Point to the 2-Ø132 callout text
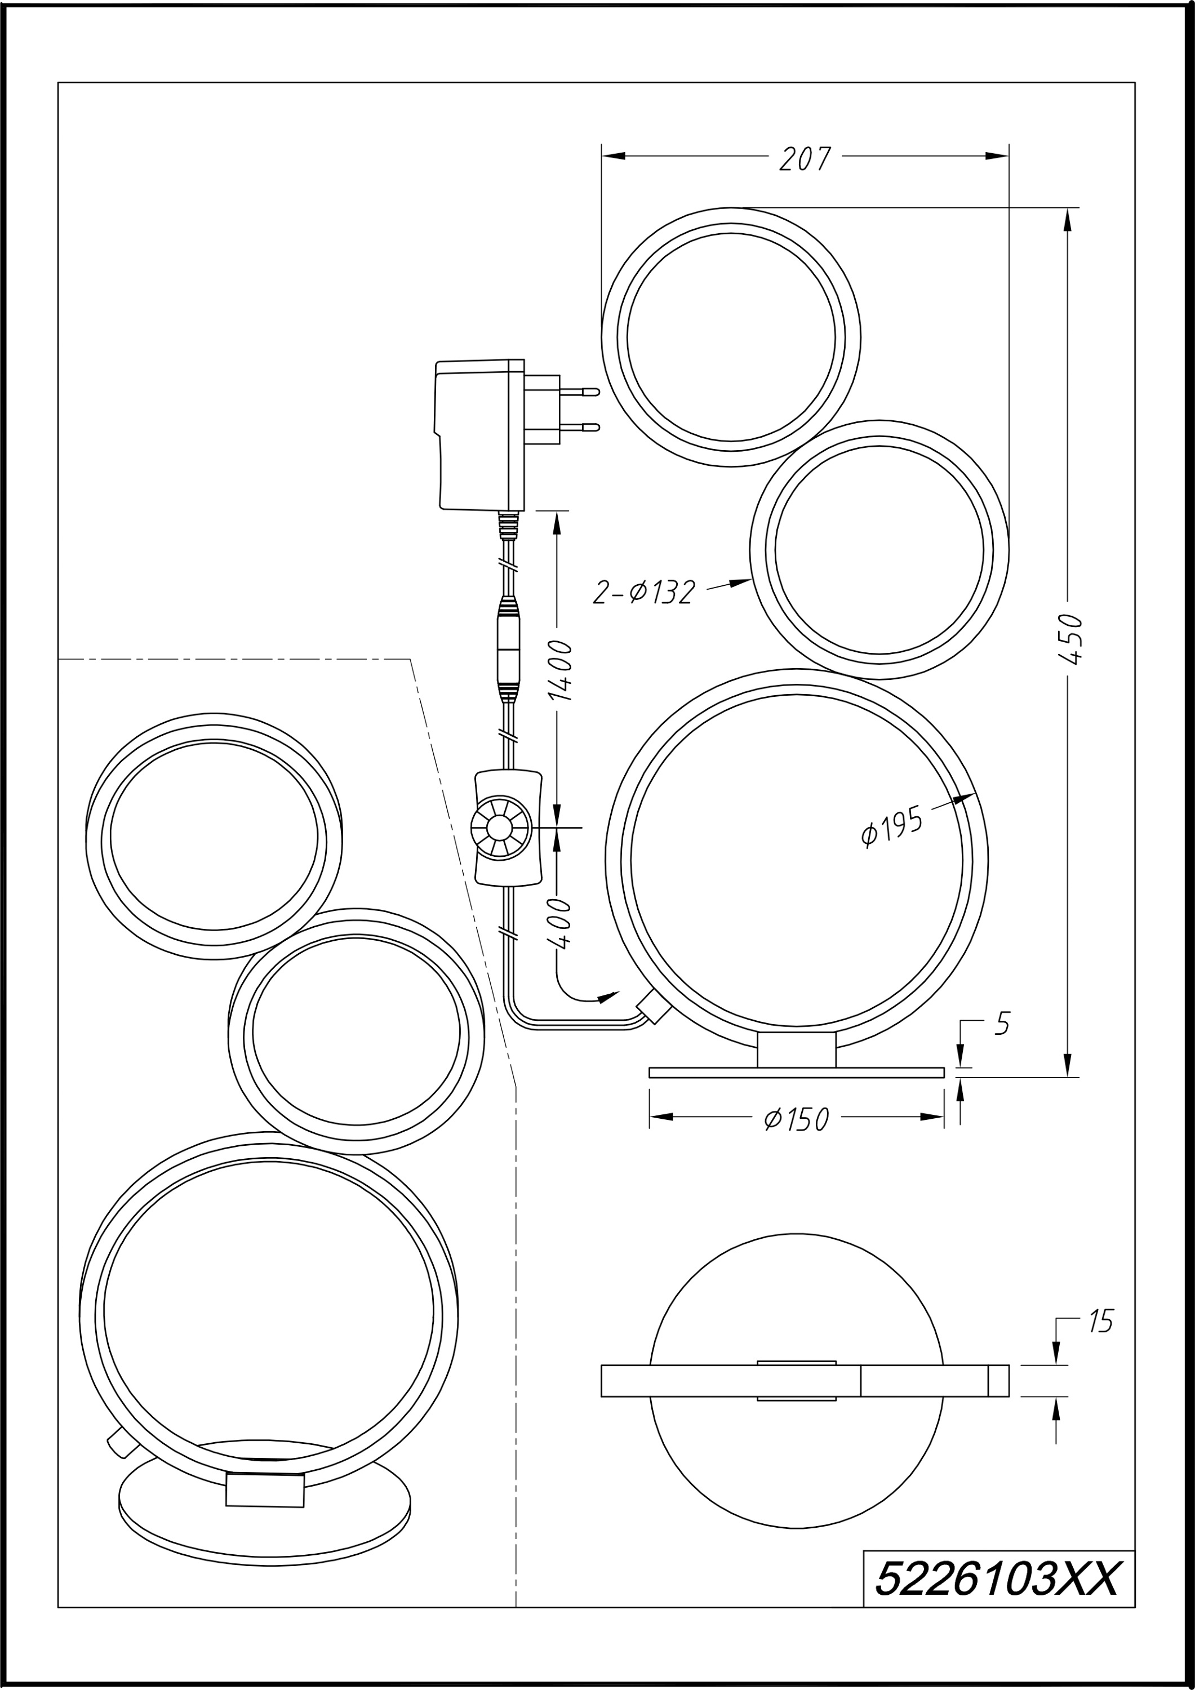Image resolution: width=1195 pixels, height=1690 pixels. pyautogui.click(x=644, y=593)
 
